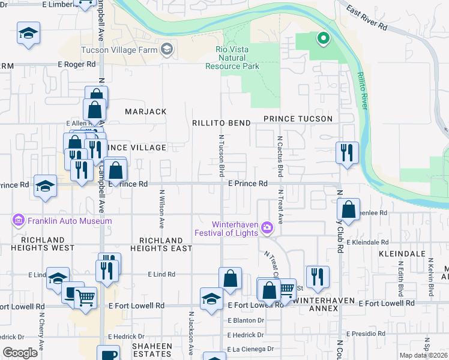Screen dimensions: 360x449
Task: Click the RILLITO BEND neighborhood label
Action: (x=221, y=123)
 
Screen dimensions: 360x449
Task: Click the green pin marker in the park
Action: (x=323, y=40)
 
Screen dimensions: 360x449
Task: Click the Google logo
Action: (x=20, y=353)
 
